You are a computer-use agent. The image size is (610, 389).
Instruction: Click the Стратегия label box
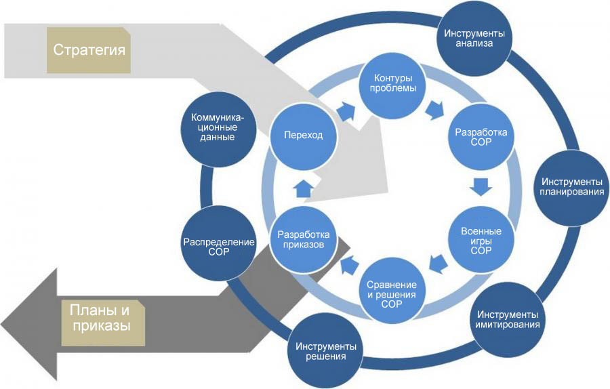(x=90, y=51)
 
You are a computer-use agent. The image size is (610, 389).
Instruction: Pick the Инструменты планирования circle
(x=571, y=186)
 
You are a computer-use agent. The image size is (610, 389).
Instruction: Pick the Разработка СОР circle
(x=481, y=138)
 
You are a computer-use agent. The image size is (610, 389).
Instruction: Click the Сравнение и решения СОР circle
(x=391, y=291)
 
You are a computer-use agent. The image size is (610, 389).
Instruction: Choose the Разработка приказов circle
(x=304, y=240)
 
